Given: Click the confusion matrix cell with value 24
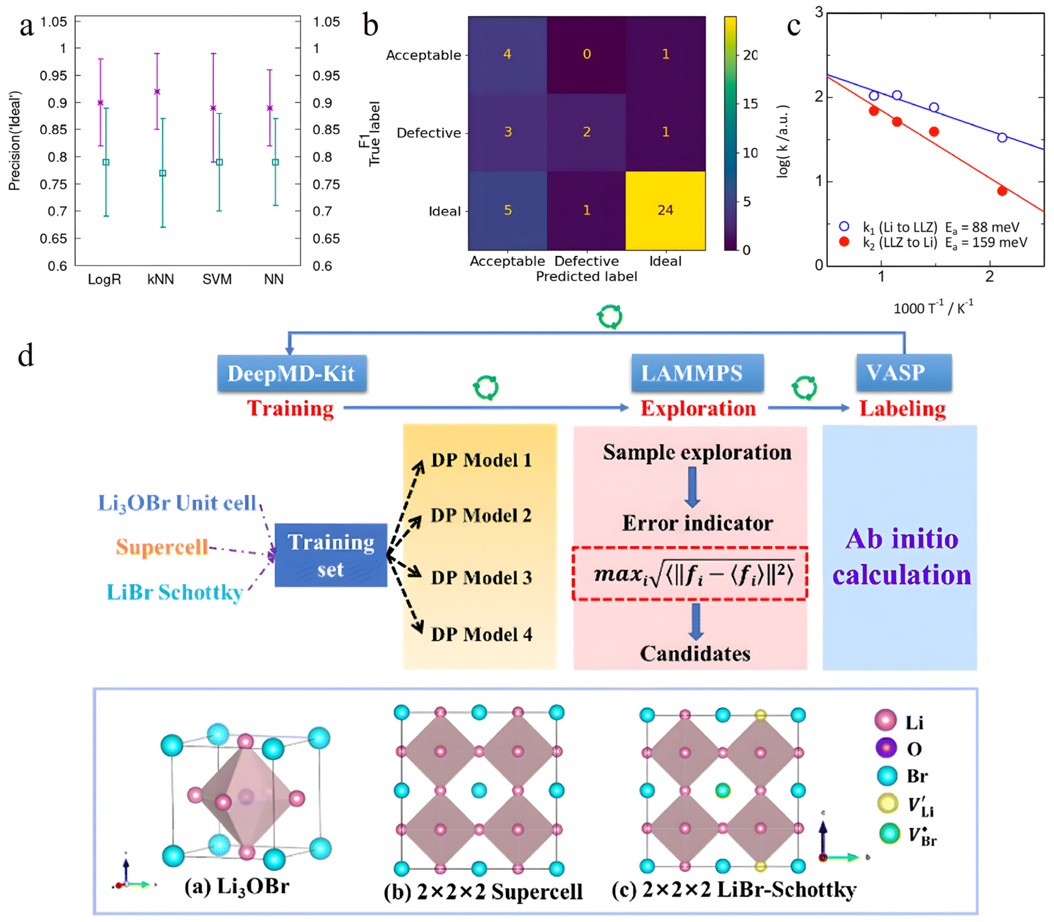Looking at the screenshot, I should [x=665, y=210].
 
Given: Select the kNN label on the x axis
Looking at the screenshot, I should [x=160, y=280].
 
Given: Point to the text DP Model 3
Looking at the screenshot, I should [x=481, y=577].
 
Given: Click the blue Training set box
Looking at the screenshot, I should [x=330, y=555].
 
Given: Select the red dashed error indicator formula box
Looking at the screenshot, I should [x=689, y=574].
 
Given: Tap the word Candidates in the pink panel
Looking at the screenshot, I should [x=695, y=653].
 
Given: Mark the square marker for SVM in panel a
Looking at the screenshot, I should [x=219, y=162].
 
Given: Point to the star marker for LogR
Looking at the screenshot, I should [x=100, y=102].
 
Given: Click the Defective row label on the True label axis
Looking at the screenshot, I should [x=429, y=133].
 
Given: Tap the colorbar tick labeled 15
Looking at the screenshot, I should [x=750, y=104].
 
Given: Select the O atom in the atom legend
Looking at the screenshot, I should [x=886, y=748].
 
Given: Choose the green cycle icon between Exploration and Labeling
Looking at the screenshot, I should [x=804, y=387].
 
